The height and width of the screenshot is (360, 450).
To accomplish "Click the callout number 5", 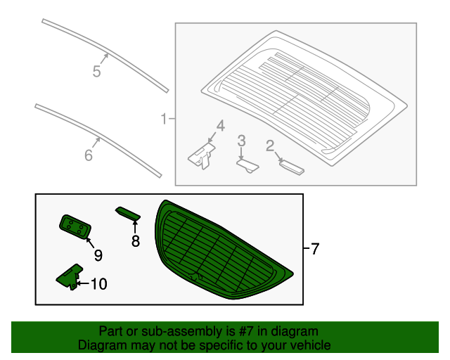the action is coord(97,71).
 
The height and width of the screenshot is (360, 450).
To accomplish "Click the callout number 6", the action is coord(89,155).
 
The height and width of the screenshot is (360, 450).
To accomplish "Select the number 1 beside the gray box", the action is coord(164,119).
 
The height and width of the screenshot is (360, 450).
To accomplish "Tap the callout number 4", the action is coord(220,126).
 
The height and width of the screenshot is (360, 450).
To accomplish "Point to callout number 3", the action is coord(242,141).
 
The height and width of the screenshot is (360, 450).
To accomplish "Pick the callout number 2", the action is coord(270,146).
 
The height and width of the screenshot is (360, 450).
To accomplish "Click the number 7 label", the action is coord(315,249).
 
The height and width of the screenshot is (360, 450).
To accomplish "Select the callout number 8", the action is coord(136,241).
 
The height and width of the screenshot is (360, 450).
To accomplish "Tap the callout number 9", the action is coord(98,255).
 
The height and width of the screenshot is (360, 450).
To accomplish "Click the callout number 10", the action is coord(99,284).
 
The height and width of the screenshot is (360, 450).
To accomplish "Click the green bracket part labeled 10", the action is coord(70,277).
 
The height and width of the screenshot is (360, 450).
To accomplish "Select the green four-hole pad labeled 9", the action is coord(75,226).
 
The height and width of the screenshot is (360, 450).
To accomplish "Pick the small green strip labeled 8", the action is coord(128,214).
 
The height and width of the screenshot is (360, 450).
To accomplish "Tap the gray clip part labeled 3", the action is coord(247,166).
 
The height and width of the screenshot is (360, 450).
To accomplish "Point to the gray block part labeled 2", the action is coord(292,167).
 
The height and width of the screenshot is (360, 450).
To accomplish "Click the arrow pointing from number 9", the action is coord(90,243).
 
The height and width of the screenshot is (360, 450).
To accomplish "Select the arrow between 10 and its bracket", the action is coord(83,283).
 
